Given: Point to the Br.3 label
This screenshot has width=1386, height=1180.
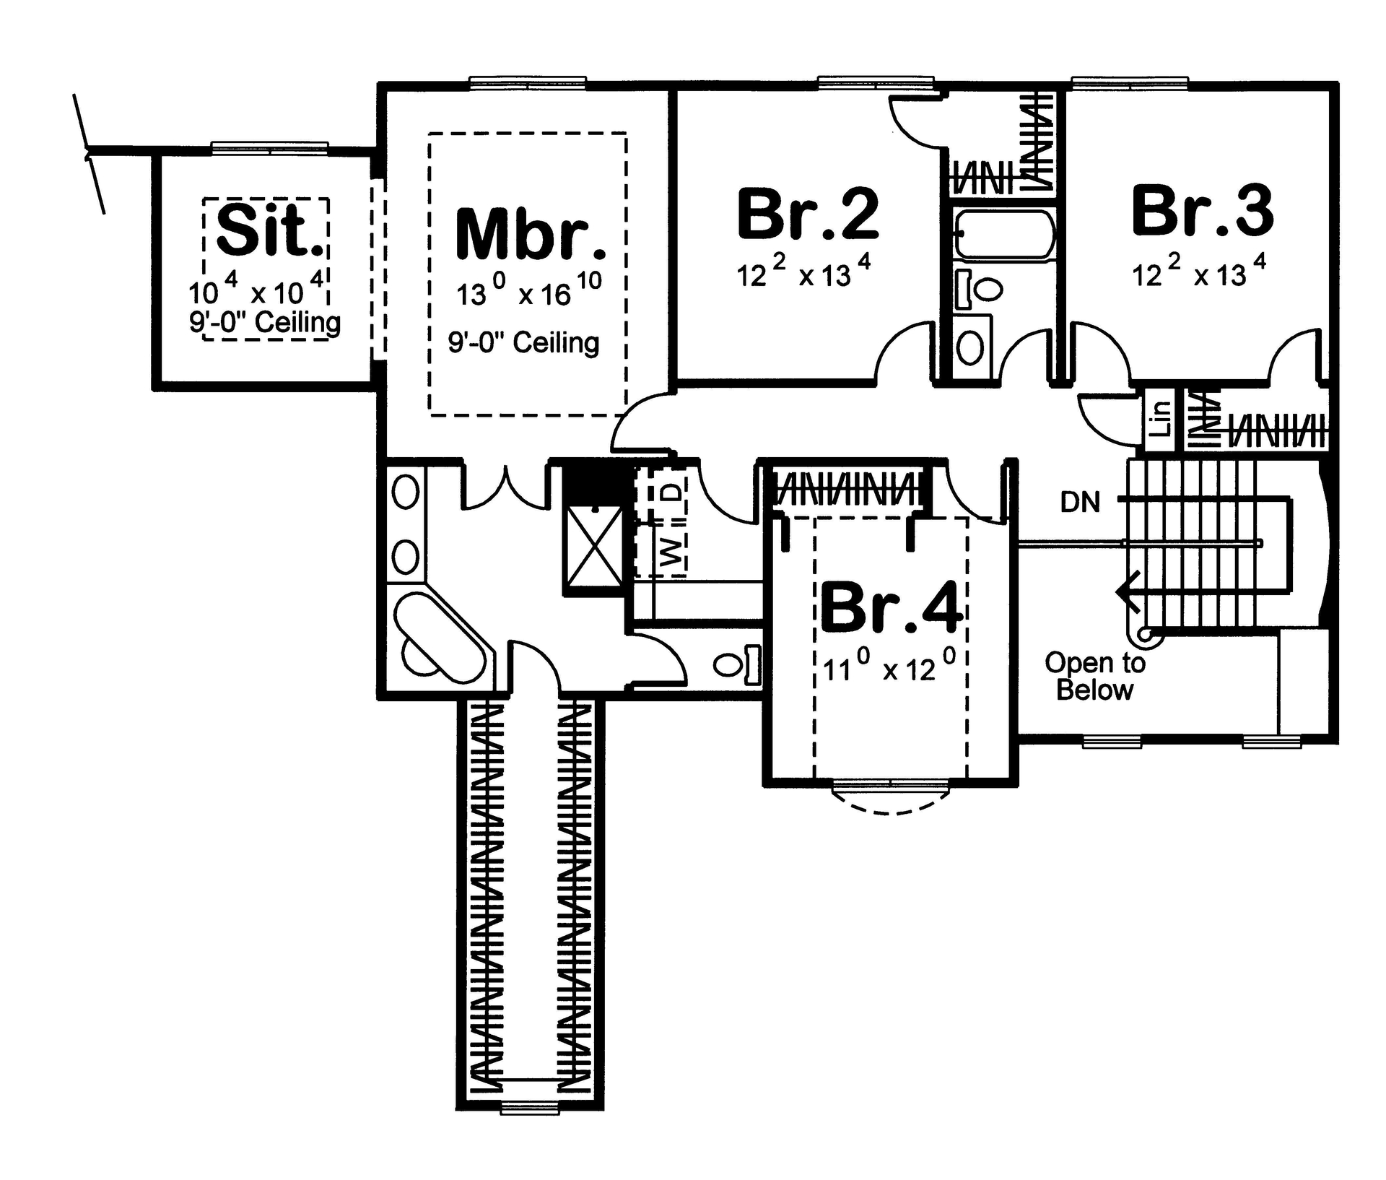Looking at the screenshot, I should tap(1202, 211).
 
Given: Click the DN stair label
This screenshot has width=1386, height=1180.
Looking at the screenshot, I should tap(1080, 502).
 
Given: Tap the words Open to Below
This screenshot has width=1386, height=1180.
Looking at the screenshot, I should tap(1094, 676).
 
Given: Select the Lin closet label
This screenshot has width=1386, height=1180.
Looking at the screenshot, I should tap(1160, 419).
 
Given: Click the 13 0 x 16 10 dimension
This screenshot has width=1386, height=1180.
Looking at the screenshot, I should tap(528, 291).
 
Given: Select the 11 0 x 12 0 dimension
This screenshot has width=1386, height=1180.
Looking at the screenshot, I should tap(889, 667).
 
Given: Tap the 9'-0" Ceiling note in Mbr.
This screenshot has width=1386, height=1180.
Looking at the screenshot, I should tap(523, 342).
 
